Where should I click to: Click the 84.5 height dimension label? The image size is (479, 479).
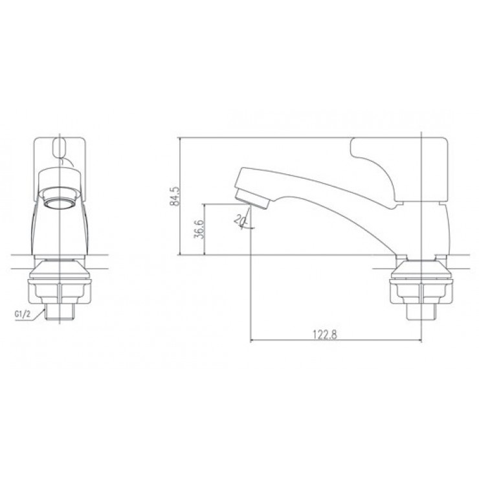point(173,195)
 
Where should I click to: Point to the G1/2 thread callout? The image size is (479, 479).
point(23,315)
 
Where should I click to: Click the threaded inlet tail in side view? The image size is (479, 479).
point(421,312)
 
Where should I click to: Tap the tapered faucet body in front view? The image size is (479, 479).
point(60,227)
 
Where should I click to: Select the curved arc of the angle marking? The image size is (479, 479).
point(245,223)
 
